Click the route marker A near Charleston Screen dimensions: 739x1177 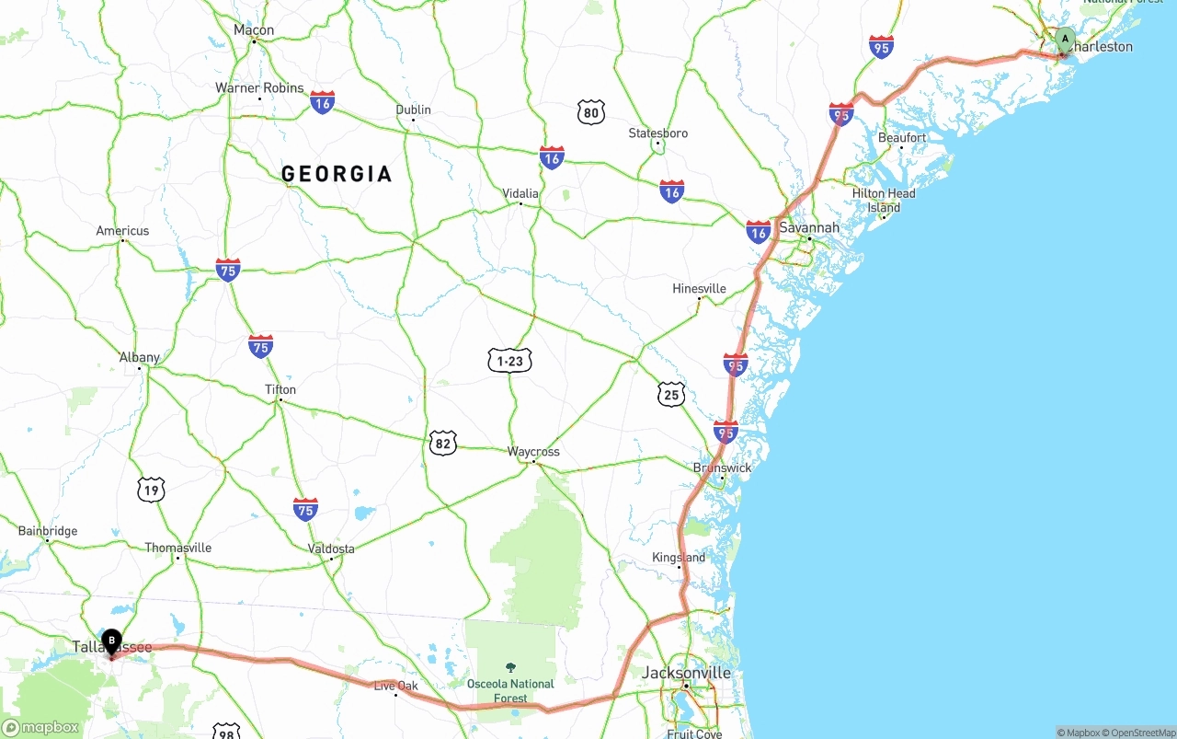(x=1065, y=40)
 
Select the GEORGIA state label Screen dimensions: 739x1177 (x=337, y=174)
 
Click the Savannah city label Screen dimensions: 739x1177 (x=808, y=227)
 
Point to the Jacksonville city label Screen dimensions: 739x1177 (x=686, y=673)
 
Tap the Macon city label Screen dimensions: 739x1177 (x=254, y=30)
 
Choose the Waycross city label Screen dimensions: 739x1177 (x=533, y=452)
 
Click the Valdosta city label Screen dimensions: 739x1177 (x=331, y=548)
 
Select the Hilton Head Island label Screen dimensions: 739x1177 (x=884, y=200)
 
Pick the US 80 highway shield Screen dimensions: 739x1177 (x=591, y=113)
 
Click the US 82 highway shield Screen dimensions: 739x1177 (x=442, y=443)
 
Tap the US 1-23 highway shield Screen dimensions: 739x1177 (x=509, y=362)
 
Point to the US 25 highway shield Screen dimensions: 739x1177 (x=671, y=395)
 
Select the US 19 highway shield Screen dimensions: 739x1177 (x=151, y=490)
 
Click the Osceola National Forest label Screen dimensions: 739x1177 (x=510, y=690)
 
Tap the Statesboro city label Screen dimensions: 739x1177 (x=658, y=133)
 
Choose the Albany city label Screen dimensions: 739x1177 (x=140, y=357)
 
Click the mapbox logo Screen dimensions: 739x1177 (x=41, y=727)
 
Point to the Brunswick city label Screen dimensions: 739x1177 (x=722, y=468)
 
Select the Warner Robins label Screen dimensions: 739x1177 (x=259, y=88)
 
